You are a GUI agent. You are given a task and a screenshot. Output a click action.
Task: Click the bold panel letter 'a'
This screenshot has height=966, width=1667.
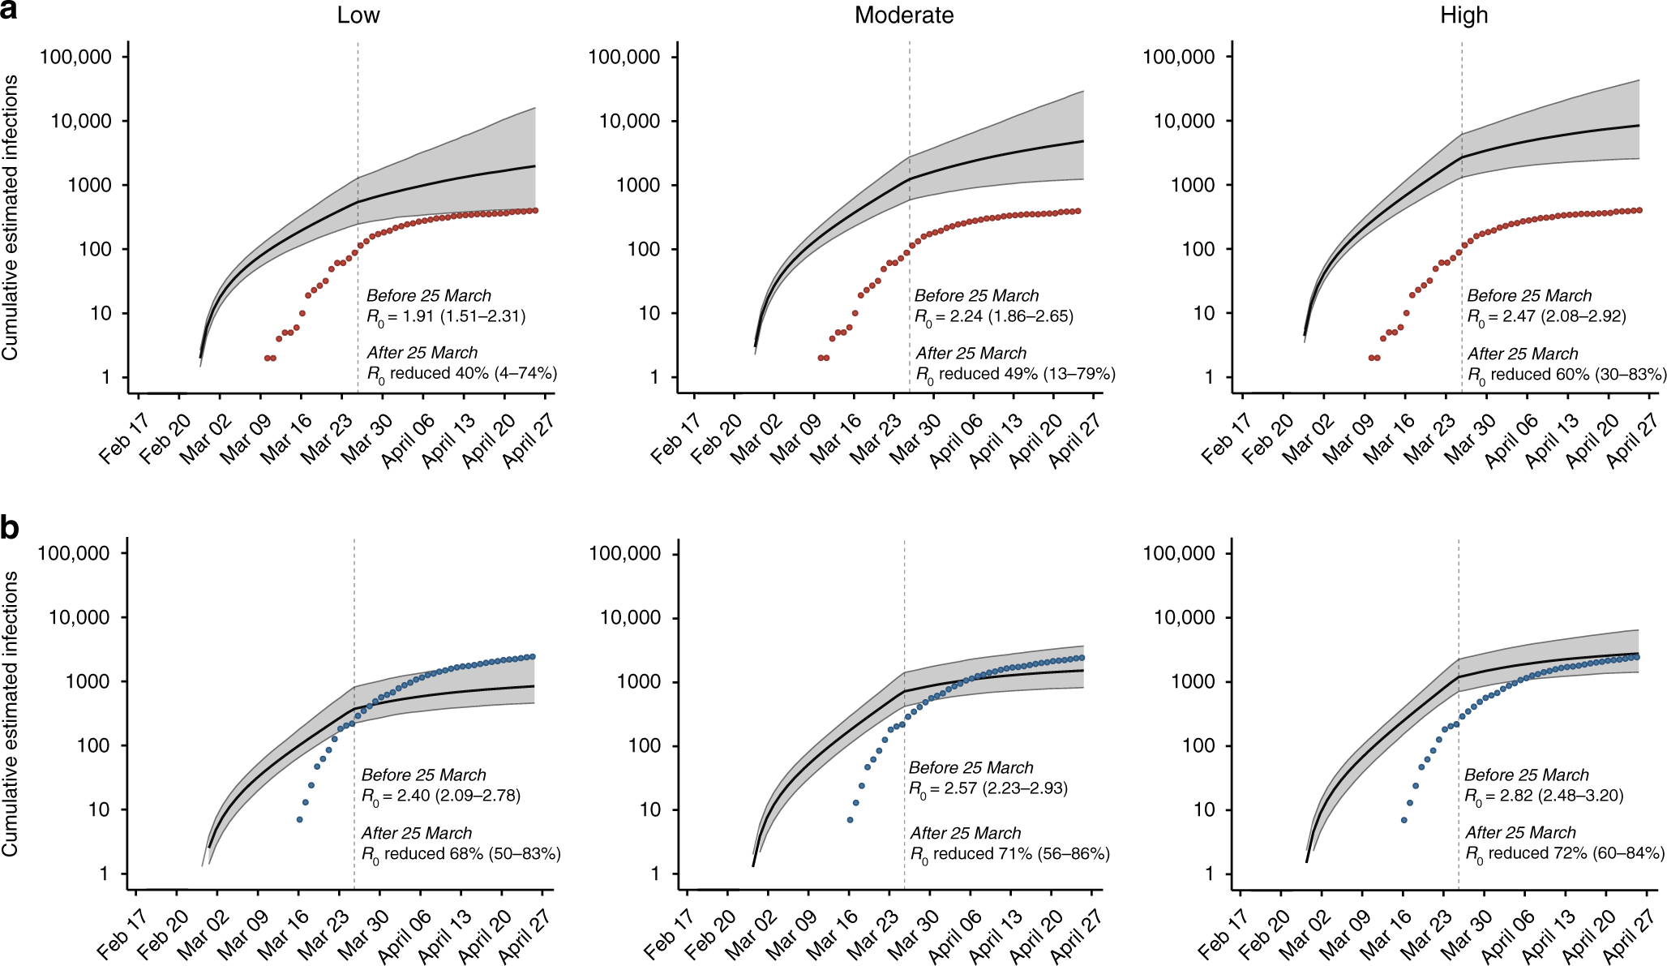10,13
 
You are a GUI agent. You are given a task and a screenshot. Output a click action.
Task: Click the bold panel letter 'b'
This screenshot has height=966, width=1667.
10,528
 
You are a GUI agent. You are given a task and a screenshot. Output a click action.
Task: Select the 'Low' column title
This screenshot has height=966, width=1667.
358,15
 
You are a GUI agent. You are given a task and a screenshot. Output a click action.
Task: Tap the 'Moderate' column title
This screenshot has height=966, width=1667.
904,15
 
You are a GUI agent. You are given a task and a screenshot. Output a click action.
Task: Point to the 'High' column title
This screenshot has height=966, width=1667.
1463,15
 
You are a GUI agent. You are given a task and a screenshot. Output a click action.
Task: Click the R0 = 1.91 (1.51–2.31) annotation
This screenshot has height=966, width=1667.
446,317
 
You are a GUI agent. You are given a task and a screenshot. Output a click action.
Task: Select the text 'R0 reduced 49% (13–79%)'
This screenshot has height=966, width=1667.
1015,375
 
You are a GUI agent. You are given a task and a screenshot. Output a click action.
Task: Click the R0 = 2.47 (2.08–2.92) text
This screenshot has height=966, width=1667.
1546,317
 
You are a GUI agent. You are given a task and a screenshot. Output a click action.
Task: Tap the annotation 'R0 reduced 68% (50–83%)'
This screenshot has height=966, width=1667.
461,855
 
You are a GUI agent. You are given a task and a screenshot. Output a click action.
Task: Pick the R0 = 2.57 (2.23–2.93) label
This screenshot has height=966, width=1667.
988,789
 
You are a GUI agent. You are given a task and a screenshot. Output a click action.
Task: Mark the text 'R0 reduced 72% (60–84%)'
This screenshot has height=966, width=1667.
1565,855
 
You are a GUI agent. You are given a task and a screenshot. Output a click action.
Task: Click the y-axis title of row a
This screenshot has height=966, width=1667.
11,217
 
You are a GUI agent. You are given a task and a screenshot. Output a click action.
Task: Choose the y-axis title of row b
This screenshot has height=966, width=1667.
11,714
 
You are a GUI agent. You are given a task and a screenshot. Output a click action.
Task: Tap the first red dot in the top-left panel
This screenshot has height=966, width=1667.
267,358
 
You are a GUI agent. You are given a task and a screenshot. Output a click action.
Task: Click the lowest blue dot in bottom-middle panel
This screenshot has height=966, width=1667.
850,820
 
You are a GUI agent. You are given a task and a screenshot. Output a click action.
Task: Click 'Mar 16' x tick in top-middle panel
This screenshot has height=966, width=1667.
835,439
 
